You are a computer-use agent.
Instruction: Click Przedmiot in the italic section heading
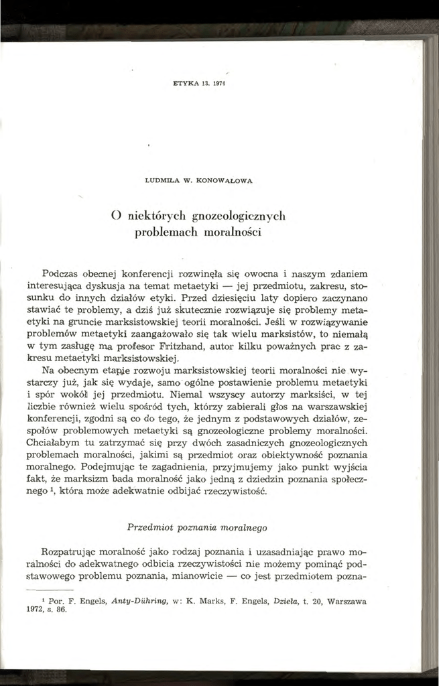click(149, 527)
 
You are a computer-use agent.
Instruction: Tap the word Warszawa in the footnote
click(346, 602)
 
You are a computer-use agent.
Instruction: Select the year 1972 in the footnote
click(52, 611)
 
